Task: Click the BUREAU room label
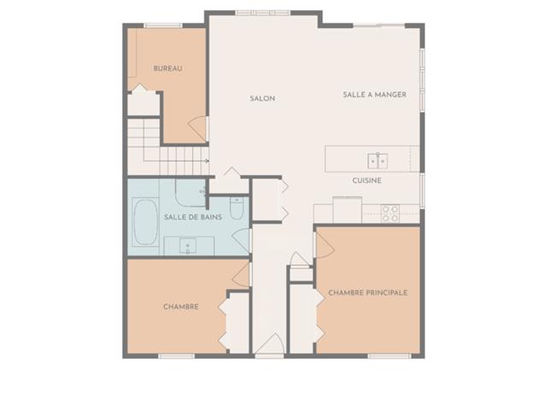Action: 168,68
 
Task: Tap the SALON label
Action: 262,99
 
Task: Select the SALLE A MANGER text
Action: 374,95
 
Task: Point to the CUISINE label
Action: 367,180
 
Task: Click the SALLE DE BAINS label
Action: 193,217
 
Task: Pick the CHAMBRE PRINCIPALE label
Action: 368,292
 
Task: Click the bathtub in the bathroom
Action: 145,222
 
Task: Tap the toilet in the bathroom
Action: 237,208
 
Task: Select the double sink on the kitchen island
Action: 378,161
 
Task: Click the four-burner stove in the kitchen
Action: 390,214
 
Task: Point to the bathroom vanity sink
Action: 188,246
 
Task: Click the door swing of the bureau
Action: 197,129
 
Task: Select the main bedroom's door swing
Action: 325,245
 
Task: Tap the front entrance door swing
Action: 270,343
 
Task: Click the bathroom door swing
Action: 242,241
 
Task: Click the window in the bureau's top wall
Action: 162,25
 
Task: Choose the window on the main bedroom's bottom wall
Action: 390,356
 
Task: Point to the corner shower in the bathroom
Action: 191,193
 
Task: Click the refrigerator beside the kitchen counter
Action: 347,210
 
